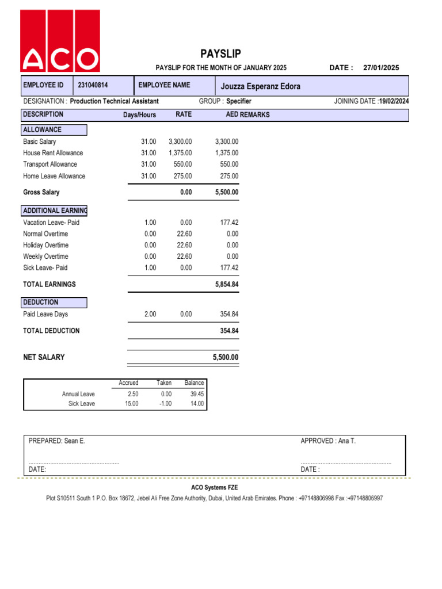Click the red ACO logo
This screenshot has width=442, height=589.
click(60, 41)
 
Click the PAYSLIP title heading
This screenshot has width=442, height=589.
click(220, 54)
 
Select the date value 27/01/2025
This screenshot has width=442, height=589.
click(381, 68)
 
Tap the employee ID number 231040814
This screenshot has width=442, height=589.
click(93, 85)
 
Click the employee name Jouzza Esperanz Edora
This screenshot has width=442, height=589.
click(261, 87)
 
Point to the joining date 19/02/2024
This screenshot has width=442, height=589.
click(394, 101)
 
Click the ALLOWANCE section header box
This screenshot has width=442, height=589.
click(54, 130)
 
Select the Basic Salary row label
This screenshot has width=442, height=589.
click(40, 141)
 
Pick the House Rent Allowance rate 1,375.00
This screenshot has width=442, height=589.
click(180, 153)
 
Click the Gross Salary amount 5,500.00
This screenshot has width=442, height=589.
click(226, 192)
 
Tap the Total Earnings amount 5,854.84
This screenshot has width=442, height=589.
click(226, 284)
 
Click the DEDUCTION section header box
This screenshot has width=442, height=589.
click(54, 303)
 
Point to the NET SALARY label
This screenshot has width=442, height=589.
click(44, 357)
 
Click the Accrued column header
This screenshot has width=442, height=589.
click(128, 383)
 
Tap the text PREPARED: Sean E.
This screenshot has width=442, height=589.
click(57, 441)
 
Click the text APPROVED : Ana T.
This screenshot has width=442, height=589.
click(328, 441)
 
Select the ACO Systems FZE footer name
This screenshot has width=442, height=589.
click(215, 487)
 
